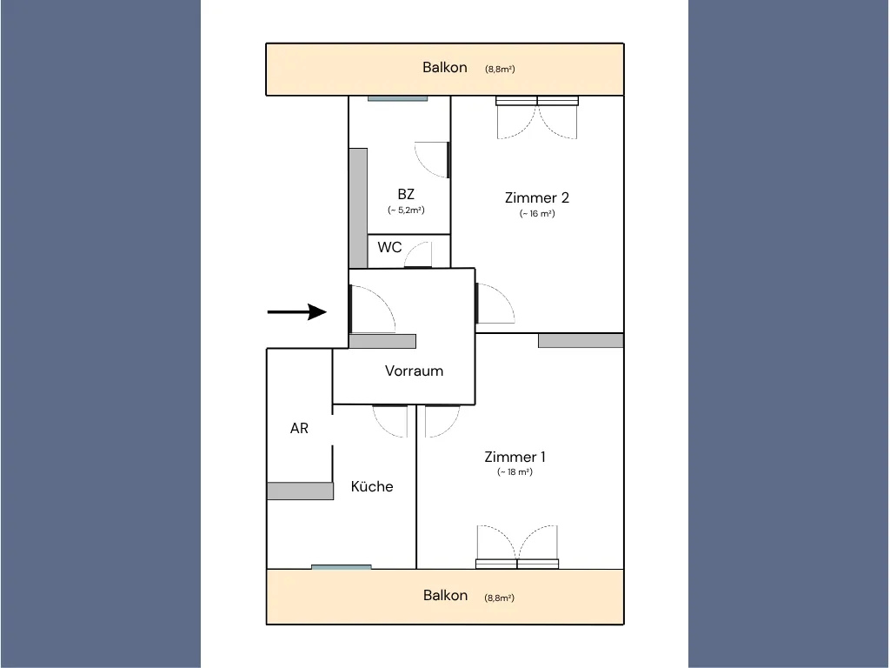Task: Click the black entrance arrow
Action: coord(297,312)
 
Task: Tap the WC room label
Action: coord(389,247)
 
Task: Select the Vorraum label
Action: coord(414,371)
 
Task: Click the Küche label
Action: coord(372,486)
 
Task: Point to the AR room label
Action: coord(299,428)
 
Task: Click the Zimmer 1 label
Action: coord(515,457)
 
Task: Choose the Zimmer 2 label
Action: coord(537,197)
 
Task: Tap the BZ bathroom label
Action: coord(406,194)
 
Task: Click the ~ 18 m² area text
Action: coord(515,472)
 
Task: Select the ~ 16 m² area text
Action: coord(537,214)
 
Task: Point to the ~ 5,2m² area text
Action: coord(406,210)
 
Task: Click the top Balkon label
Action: coord(445,67)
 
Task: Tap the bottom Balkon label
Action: coord(446,595)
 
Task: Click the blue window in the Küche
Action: coord(341,567)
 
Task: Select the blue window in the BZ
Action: coord(397,98)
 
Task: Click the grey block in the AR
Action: coord(300,491)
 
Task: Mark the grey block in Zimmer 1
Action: coord(581,340)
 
